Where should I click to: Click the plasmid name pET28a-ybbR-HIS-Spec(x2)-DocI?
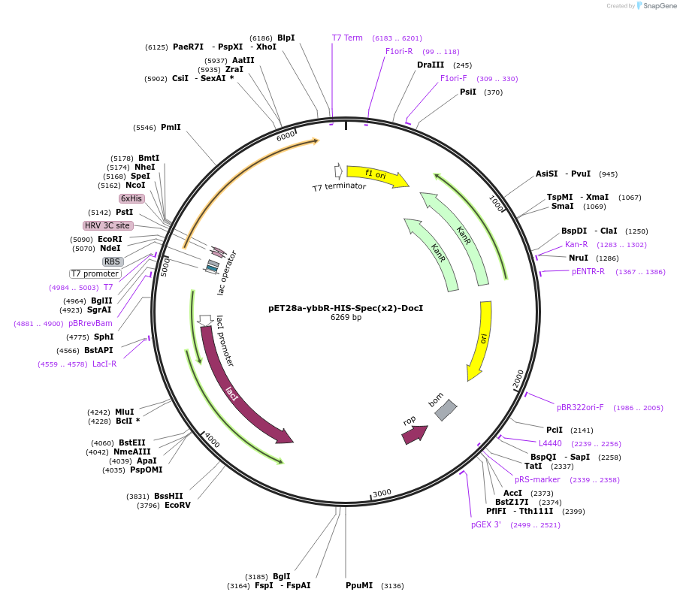pos(346,308)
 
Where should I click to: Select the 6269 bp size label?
pos(346,318)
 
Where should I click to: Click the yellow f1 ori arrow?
pos(376,175)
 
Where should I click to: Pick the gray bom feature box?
pos(446,409)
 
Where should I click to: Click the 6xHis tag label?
pos(131,198)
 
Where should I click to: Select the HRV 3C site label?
pos(107,225)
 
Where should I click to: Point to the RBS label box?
pos(113,261)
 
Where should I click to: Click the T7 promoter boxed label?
pos(95,273)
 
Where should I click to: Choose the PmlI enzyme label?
pos(171,128)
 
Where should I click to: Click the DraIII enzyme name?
pos(431,65)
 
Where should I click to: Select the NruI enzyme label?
pos(579,258)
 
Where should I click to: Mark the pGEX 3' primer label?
pos(486,524)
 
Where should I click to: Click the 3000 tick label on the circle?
pos(382,493)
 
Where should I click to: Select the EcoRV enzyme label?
pos(178,506)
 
